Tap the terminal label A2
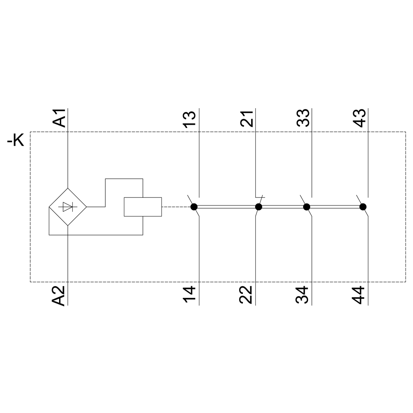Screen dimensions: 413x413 pos(59,296)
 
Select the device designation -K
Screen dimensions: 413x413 pos(15,140)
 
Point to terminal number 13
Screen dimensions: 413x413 pos(189,119)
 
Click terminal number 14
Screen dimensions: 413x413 pos(189,295)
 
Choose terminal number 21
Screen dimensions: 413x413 pos(247,119)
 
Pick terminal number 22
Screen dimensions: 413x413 pos(246,295)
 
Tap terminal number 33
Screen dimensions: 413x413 pos(303,118)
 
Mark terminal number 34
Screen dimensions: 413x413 pos(302,295)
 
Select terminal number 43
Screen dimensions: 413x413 pos(359,118)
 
